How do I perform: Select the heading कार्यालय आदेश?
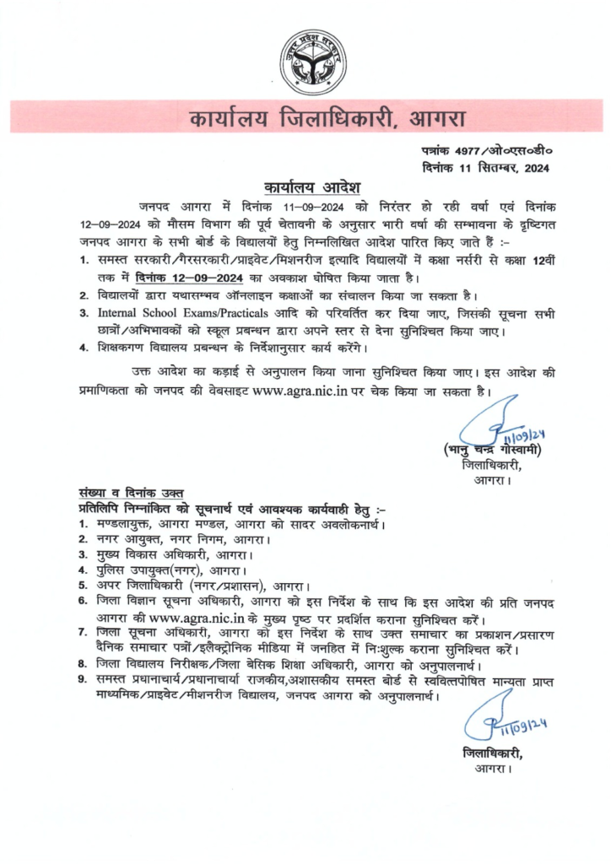point(305,185)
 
